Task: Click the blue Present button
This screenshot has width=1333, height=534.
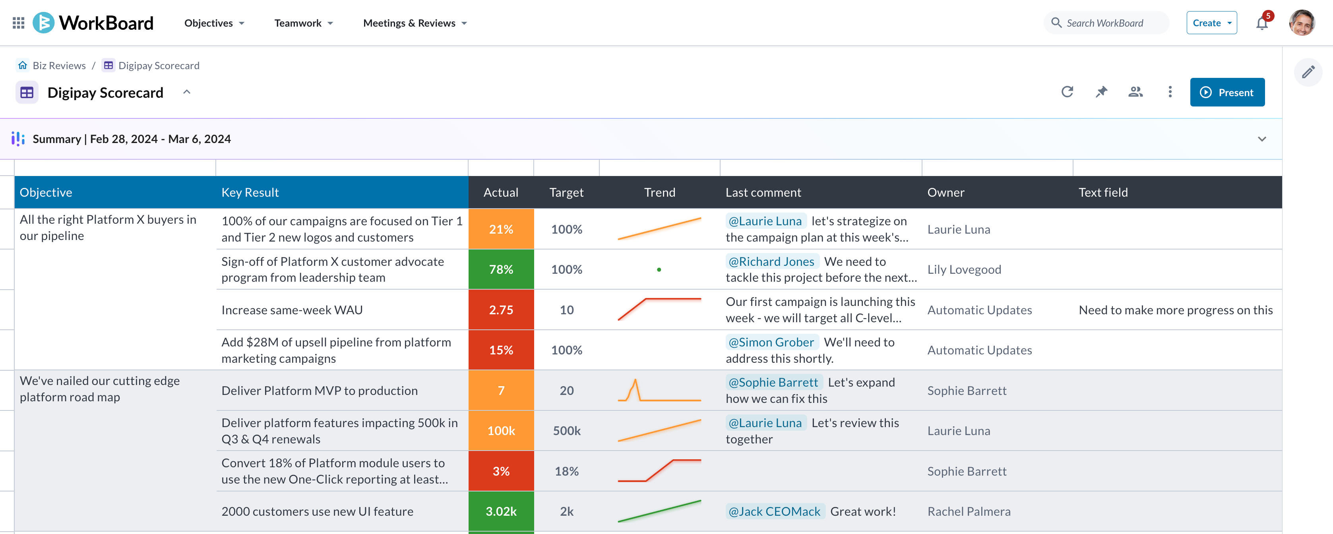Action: tap(1227, 92)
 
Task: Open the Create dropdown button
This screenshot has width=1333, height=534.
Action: tap(1211, 23)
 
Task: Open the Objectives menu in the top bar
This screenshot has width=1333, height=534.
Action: tap(214, 23)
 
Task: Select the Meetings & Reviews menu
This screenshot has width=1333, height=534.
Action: tap(415, 23)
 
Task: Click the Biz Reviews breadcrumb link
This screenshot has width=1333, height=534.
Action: tap(58, 65)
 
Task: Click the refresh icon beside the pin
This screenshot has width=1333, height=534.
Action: tap(1067, 92)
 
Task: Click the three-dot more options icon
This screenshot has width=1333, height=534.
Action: tap(1170, 92)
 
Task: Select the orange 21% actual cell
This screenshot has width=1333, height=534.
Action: tap(500, 229)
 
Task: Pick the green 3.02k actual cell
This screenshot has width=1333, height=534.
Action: tap(500, 511)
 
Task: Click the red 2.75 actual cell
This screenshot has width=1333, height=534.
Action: tap(500, 310)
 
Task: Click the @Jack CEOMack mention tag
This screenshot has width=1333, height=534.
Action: tap(774, 511)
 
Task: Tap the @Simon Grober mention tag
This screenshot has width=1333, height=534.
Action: tap(771, 342)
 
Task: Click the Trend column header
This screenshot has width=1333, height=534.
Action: tap(659, 192)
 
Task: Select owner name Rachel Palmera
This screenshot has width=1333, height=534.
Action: tap(969, 511)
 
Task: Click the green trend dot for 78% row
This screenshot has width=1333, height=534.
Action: tap(659, 270)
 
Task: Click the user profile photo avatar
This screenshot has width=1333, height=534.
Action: tap(1302, 23)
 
